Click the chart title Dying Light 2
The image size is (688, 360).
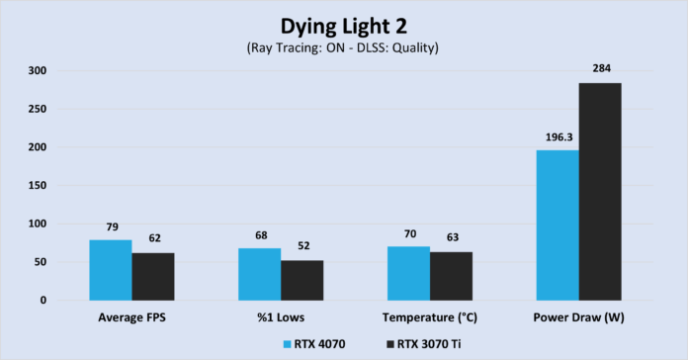click(343, 23)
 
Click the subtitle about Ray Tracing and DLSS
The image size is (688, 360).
click(343, 46)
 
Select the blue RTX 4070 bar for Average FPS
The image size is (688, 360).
click(111, 269)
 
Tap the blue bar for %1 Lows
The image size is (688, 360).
click(259, 274)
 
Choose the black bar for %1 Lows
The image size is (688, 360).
click(301, 280)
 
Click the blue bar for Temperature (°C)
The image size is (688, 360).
click(408, 273)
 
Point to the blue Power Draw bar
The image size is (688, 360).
click(558, 225)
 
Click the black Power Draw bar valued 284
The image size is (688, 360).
click(600, 191)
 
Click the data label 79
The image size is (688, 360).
click(111, 228)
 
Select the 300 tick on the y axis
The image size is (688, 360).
click(37, 71)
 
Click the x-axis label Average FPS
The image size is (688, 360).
click(131, 318)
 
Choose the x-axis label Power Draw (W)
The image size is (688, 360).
click(579, 318)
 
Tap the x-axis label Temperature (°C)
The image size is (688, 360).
click(430, 318)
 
